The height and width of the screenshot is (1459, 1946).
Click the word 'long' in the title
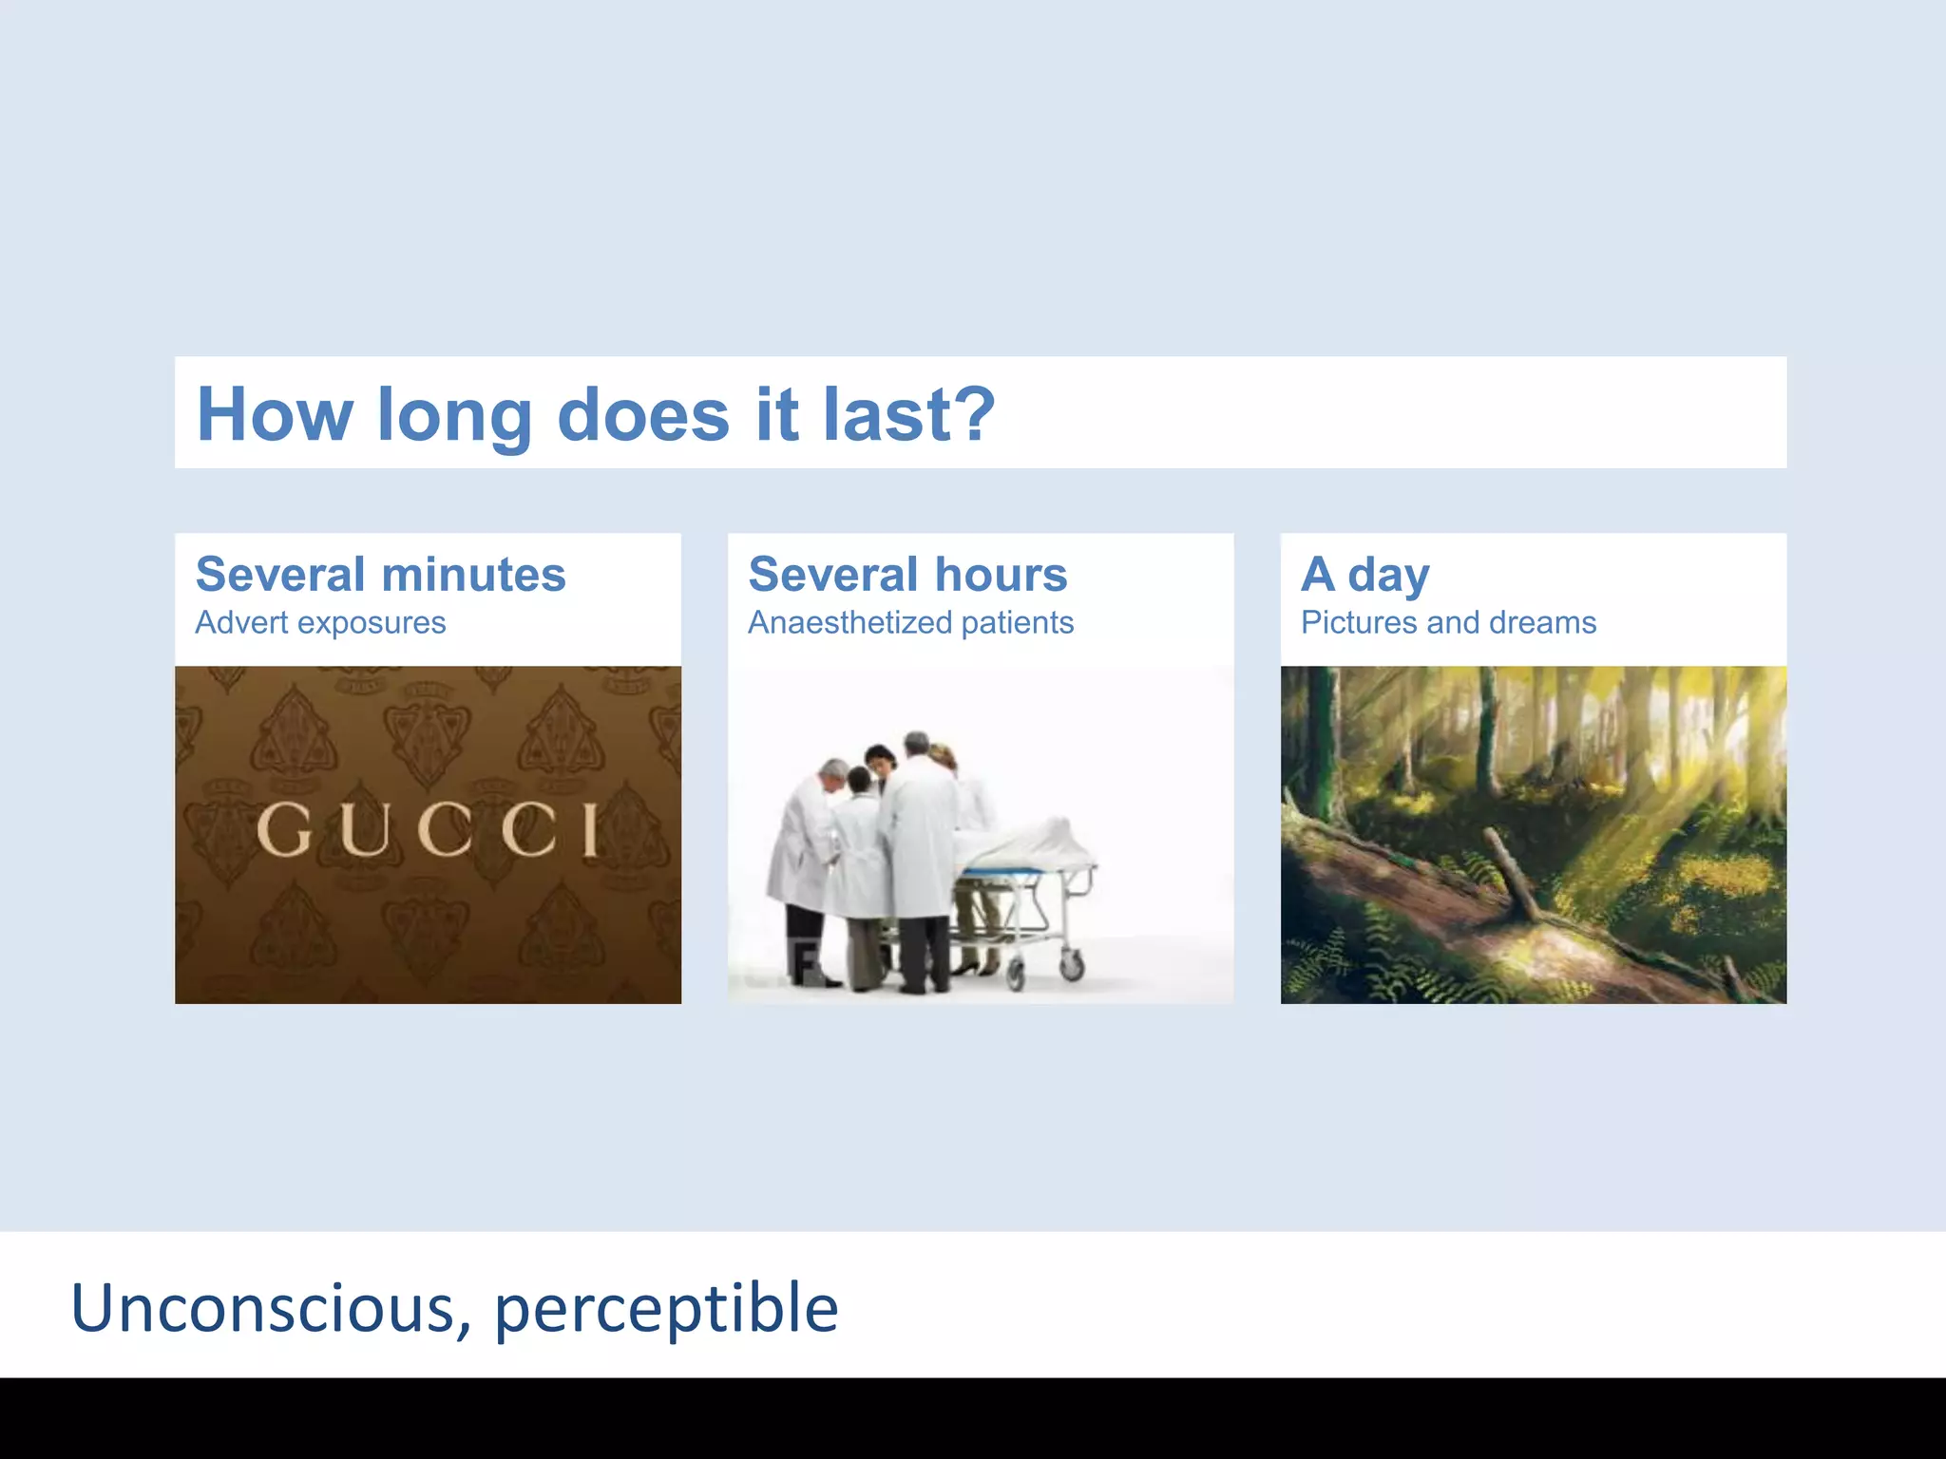(x=454, y=416)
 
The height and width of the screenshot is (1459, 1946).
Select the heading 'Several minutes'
(x=380, y=575)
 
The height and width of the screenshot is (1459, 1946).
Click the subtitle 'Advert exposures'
(x=320, y=623)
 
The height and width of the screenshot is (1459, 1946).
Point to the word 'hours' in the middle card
(x=1001, y=575)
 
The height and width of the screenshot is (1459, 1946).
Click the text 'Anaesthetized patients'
(x=910, y=623)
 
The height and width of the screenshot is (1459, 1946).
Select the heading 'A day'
(x=1364, y=575)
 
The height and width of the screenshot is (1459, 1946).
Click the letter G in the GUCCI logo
(x=284, y=829)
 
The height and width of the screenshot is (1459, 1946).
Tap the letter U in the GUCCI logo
(x=364, y=829)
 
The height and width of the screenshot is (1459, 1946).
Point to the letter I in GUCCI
(x=589, y=829)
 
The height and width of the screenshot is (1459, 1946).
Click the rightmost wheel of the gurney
(x=1072, y=966)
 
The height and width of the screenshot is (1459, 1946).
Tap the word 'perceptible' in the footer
(x=666, y=1310)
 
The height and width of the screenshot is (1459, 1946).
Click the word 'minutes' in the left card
(x=473, y=575)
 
